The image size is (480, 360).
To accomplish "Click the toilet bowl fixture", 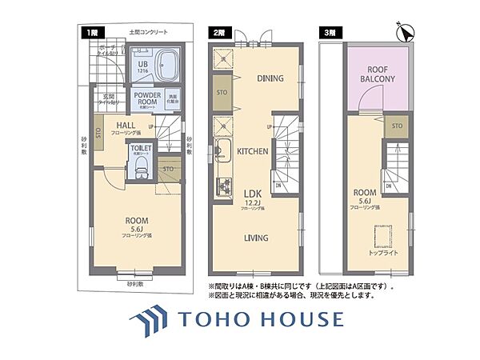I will [141, 166].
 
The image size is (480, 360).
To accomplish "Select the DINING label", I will [270, 78].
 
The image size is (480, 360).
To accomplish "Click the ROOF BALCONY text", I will [378, 74].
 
